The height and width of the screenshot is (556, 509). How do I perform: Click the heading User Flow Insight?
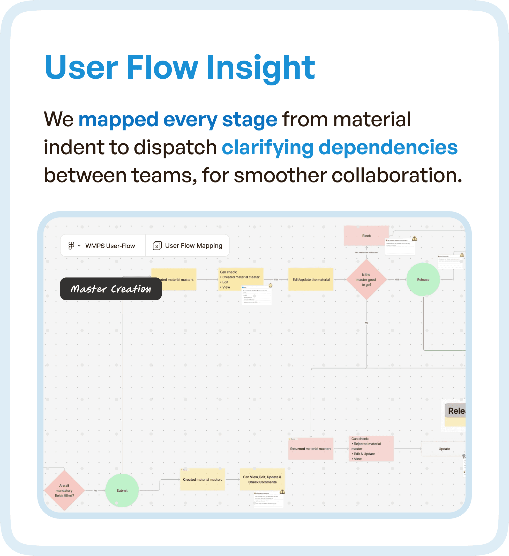click(x=180, y=68)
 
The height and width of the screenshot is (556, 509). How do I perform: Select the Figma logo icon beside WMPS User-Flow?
click(x=71, y=245)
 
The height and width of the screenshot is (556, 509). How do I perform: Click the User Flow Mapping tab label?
click(x=193, y=245)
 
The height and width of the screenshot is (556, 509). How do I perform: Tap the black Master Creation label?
click(x=111, y=289)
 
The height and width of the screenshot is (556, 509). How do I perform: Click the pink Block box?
click(x=366, y=236)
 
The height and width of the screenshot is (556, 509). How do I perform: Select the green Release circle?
click(x=423, y=279)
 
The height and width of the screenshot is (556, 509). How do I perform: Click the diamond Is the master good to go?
click(x=366, y=279)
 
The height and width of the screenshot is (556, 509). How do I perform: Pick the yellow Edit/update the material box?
click(x=311, y=279)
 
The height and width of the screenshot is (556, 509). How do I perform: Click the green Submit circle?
click(x=122, y=490)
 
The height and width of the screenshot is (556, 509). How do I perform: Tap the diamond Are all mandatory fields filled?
click(x=64, y=490)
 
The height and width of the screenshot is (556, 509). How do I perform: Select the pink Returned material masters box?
click(x=311, y=449)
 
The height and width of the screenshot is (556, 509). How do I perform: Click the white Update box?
click(x=444, y=449)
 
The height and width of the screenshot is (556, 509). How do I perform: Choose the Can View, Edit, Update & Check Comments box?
click(x=262, y=479)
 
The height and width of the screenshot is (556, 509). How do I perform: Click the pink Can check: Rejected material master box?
click(x=371, y=449)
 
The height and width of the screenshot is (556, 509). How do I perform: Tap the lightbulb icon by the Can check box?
click(x=270, y=286)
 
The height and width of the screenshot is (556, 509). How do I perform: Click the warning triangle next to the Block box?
click(x=415, y=238)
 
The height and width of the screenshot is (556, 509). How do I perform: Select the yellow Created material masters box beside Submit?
click(x=203, y=479)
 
